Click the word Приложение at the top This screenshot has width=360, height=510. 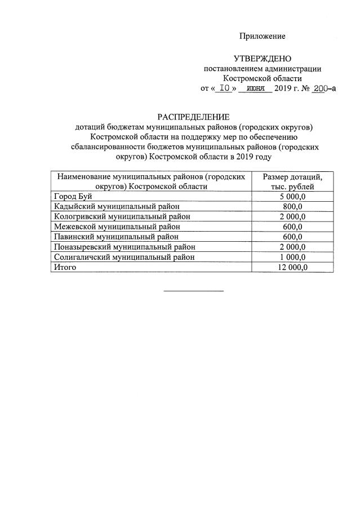(x=262, y=36)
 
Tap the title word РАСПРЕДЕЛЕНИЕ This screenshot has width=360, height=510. (x=193, y=117)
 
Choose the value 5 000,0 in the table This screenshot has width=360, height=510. (x=292, y=196)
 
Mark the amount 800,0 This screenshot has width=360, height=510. (x=292, y=206)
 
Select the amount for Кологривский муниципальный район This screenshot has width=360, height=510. (x=292, y=216)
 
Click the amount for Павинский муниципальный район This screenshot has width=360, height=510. (x=292, y=237)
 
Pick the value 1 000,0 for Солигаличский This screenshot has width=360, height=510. (x=292, y=257)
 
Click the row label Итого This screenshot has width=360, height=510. (x=64, y=267)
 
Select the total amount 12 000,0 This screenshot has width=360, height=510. (x=292, y=267)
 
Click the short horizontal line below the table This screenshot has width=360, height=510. (x=193, y=291)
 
